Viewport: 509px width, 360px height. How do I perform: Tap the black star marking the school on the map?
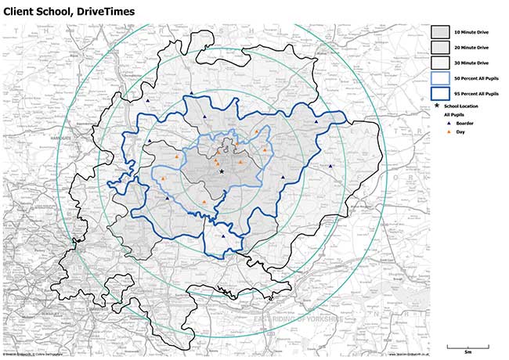pos(222,171)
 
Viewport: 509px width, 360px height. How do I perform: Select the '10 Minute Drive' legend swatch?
pos(441,32)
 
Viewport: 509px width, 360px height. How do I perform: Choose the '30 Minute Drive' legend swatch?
pos(441,63)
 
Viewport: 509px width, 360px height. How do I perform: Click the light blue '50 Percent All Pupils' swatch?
pos(441,78)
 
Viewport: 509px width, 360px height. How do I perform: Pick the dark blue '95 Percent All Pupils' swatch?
pos(441,94)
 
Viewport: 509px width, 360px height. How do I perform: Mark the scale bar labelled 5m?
pos(467,345)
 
